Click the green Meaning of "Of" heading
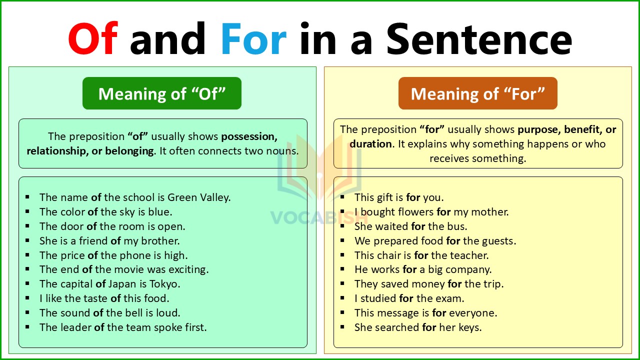pyautogui.click(x=162, y=93)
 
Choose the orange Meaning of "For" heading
pyautogui.click(x=477, y=93)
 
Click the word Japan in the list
pyautogui.click(x=121, y=284)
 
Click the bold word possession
pyautogui.click(x=249, y=136)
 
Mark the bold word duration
pyautogui.click(x=370, y=144)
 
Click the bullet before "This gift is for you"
pyautogui.click(x=342, y=197)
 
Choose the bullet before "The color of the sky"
pyautogui.click(x=27, y=212)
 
